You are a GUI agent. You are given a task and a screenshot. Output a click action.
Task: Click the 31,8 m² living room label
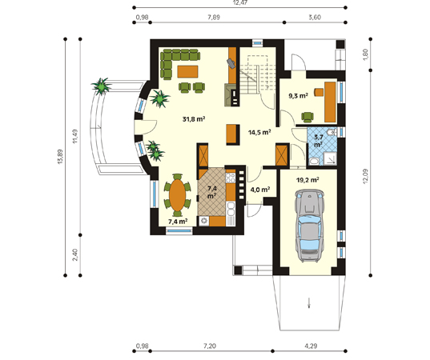(x=194, y=119)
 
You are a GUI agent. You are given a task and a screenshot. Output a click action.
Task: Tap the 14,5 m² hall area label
(x=259, y=133)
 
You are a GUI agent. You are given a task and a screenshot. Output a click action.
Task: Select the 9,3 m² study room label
(x=298, y=96)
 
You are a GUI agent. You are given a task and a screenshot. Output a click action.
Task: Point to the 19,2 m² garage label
(x=307, y=180)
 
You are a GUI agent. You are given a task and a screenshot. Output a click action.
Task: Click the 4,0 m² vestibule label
(x=260, y=190)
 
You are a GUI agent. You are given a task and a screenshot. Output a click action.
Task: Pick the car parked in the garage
(x=309, y=225)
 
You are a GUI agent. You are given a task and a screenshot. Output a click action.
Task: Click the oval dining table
(x=178, y=194)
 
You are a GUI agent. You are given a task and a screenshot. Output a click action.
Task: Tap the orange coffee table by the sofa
(x=188, y=71)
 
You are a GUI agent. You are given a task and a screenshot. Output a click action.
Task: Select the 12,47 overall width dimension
(x=239, y=2)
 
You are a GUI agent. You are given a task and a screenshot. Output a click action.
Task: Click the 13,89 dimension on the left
(x=60, y=157)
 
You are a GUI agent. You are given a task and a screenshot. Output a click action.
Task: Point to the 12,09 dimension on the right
(x=365, y=176)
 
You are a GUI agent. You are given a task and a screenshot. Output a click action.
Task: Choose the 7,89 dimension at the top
(x=214, y=18)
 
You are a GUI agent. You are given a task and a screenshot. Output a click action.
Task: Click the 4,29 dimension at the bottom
(x=311, y=346)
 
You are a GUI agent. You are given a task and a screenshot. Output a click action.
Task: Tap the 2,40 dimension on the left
(x=75, y=254)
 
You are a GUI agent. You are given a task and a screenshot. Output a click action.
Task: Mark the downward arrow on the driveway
(x=309, y=302)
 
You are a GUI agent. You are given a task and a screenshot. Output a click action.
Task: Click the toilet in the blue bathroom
(x=332, y=131)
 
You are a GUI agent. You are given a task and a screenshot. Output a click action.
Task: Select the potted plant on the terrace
(x=102, y=86)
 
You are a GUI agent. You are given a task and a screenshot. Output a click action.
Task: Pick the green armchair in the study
(x=307, y=117)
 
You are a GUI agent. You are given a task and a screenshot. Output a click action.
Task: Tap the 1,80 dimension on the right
(x=365, y=54)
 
